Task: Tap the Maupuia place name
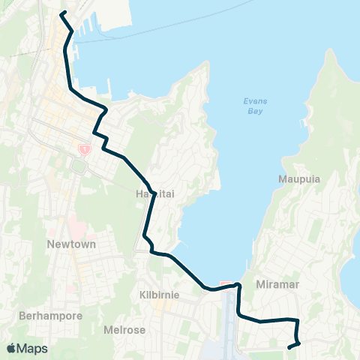[294, 179]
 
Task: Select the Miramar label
[272, 285]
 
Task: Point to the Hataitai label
[155, 193]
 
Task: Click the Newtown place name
[68, 244]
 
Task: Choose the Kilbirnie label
[159, 295]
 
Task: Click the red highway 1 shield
[83, 149]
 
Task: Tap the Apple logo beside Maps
[11, 348]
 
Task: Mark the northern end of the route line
[61, 13]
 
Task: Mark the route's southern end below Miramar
[289, 347]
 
